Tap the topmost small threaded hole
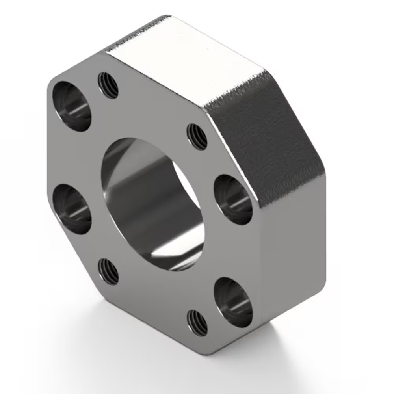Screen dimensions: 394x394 [108, 85]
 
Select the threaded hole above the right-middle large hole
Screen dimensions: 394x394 [197, 137]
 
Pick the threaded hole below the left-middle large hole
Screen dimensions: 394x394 [108, 271]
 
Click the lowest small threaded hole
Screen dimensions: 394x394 [197, 322]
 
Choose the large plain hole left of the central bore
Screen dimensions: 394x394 [72, 209]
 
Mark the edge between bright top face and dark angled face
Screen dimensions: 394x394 [236, 85]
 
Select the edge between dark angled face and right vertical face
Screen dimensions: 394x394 [292, 185]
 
